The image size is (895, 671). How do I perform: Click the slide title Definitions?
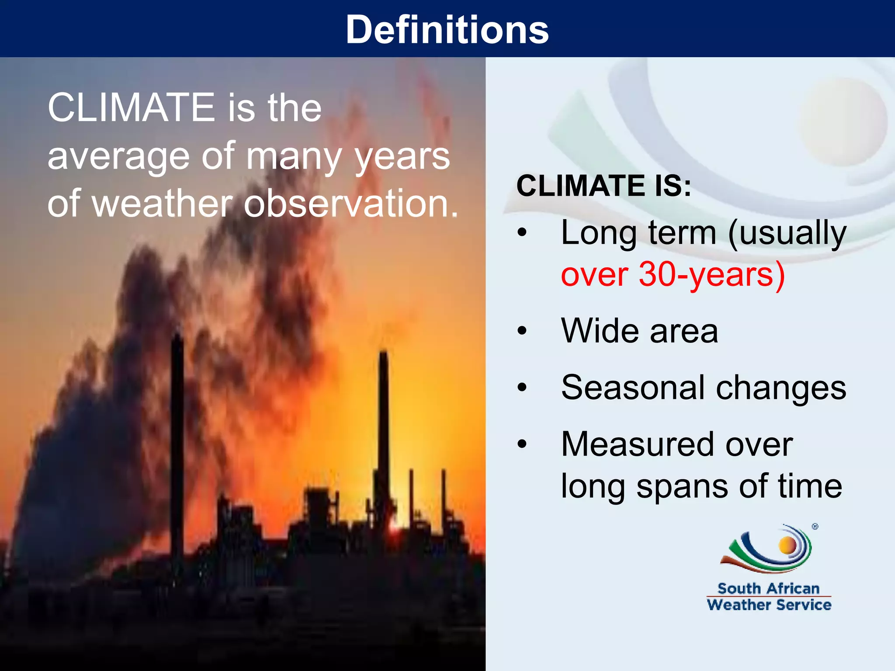point(447,30)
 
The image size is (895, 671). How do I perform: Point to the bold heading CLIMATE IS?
point(604,186)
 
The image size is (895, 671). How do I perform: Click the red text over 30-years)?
point(673,275)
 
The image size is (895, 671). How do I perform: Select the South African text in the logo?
point(769,588)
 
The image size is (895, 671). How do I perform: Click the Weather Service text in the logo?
point(769,605)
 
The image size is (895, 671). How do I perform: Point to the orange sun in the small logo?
point(787,545)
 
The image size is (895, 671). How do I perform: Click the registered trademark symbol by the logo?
point(815,527)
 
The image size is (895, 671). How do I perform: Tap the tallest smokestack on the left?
point(177,437)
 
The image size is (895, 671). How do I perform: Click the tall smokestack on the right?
point(384,419)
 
